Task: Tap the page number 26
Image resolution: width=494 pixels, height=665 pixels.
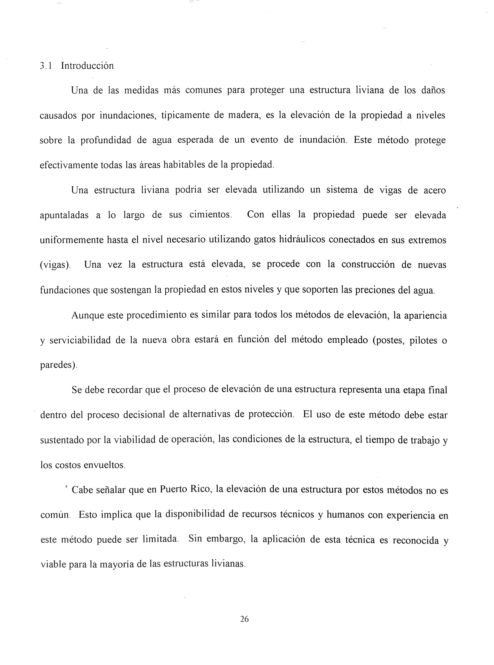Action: click(x=244, y=619)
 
